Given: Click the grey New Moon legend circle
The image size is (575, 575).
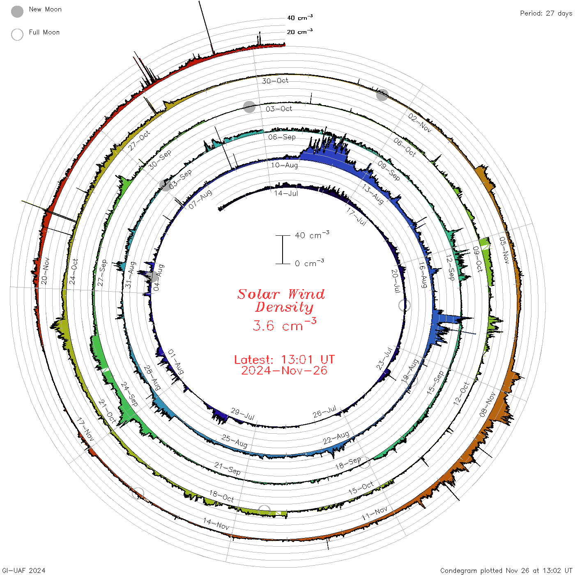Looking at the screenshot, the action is pyautogui.click(x=17, y=11).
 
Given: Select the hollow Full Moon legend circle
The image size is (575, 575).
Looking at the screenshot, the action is pyautogui.click(x=17, y=34).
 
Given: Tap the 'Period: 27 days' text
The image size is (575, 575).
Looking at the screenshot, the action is pyautogui.click(x=546, y=14).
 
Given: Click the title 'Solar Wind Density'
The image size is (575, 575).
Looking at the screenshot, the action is pyautogui.click(x=281, y=301).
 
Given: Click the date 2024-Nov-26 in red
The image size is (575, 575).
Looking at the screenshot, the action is pyautogui.click(x=284, y=370).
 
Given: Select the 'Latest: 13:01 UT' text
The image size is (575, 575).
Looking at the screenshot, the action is pyautogui.click(x=284, y=359).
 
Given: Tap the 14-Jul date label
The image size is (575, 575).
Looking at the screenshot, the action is pyautogui.click(x=286, y=193).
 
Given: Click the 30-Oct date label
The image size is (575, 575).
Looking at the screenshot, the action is pyautogui.click(x=275, y=81).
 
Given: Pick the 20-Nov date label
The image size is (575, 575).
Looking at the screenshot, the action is pyautogui.click(x=45, y=271).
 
